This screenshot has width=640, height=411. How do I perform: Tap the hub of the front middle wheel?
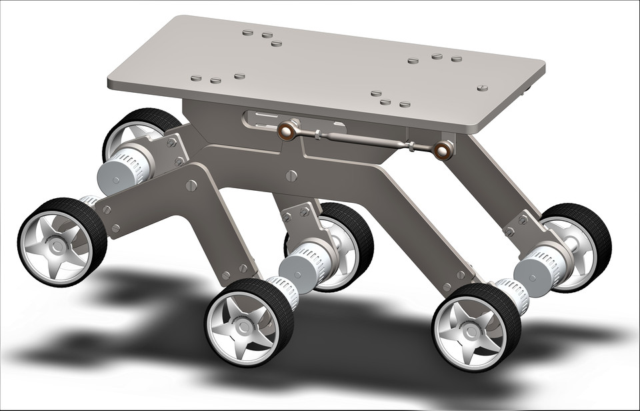243,326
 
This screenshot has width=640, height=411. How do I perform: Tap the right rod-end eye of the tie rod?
443,150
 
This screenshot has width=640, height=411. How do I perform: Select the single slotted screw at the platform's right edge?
482,87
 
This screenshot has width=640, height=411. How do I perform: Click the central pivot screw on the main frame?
291,175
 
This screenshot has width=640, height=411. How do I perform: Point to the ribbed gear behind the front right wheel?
513,294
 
